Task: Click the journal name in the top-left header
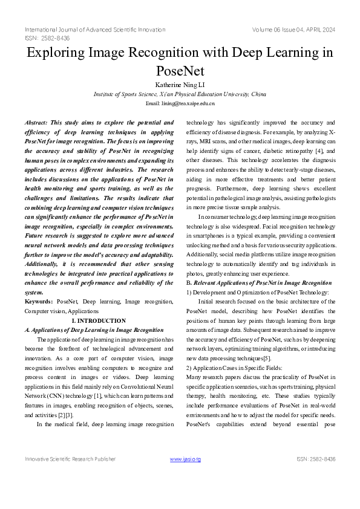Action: tap(95, 30)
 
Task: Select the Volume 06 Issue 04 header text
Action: tap(294, 30)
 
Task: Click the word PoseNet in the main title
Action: tap(180, 71)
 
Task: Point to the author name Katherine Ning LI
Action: tap(180, 85)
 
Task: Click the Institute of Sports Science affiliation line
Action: tap(180, 94)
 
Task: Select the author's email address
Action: tap(180, 104)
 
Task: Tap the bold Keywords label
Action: tap(38, 300)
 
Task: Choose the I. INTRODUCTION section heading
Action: tap(99, 320)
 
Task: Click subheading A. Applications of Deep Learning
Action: tap(94, 330)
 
